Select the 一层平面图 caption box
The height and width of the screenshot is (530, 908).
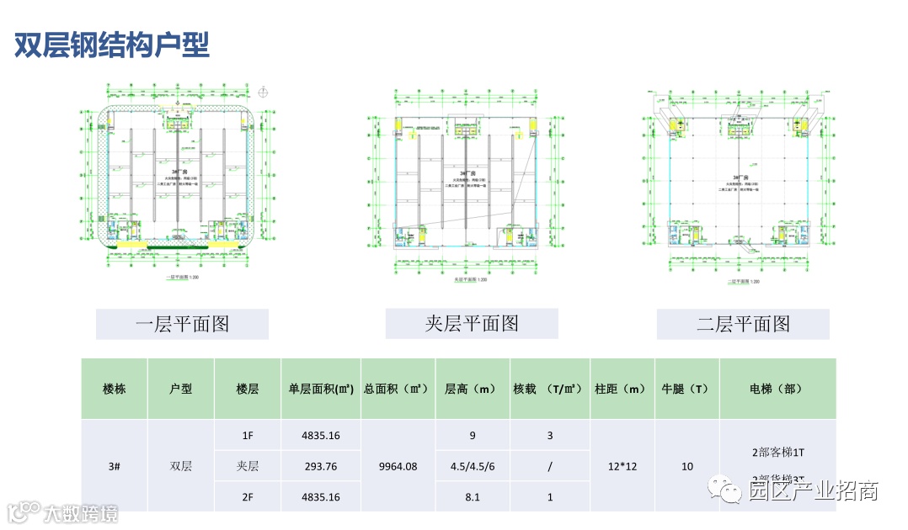click(x=182, y=324)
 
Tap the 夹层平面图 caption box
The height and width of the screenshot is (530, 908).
click(x=472, y=323)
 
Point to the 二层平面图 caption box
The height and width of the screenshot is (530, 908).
click(x=743, y=324)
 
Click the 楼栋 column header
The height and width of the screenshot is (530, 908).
click(x=115, y=389)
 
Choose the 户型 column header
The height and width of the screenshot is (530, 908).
click(x=181, y=389)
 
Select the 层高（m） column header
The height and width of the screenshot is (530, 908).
click(x=472, y=389)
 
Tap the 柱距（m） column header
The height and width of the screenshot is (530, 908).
click(x=620, y=389)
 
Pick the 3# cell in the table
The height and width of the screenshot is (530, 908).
click(x=115, y=466)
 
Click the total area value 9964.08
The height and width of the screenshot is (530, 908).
click(x=398, y=466)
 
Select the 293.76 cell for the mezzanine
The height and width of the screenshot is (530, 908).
click(x=320, y=466)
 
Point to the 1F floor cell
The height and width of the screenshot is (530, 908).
click(x=248, y=436)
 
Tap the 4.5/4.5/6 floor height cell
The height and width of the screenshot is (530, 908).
click(x=472, y=466)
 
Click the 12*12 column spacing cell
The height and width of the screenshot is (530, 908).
click(x=620, y=466)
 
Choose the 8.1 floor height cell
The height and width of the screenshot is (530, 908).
click(x=472, y=497)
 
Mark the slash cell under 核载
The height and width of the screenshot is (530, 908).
click(x=549, y=466)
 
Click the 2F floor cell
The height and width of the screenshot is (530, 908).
click(x=248, y=497)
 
